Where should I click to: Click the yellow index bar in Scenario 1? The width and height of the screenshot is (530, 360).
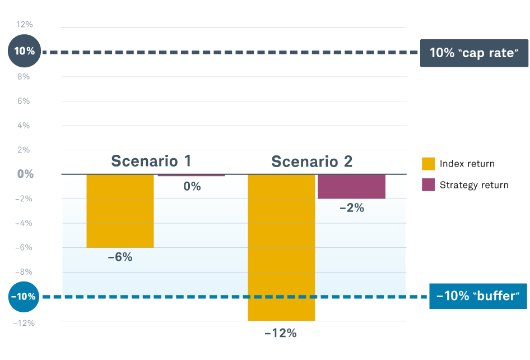click(120, 211)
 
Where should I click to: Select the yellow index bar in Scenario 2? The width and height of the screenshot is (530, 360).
click(281, 247)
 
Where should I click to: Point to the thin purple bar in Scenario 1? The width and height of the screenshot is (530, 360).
click(191, 176)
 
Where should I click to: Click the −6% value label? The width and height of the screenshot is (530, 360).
click(120, 257)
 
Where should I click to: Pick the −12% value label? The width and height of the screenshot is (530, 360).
click(280, 333)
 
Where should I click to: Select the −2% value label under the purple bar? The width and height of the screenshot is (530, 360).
click(352, 208)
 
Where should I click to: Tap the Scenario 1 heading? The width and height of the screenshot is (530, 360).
click(151, 161)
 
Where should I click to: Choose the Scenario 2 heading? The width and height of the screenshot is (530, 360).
click(312, 161)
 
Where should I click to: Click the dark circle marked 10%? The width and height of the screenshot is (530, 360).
click(25, 51)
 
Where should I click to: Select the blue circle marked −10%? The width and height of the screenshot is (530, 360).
click(25, 297)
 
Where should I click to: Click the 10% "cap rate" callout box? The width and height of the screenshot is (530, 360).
click(474, 53)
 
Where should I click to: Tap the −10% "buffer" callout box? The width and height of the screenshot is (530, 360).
click(478, 296)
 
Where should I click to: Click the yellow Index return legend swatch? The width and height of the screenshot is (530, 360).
click(428, 164)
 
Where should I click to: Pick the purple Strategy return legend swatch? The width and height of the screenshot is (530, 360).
click(428, 185)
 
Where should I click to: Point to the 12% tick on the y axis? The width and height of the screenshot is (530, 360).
click(25, 25)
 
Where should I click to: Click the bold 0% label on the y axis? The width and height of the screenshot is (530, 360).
click(25, 174)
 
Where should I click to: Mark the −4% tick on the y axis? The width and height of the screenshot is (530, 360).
click(25, 223)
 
